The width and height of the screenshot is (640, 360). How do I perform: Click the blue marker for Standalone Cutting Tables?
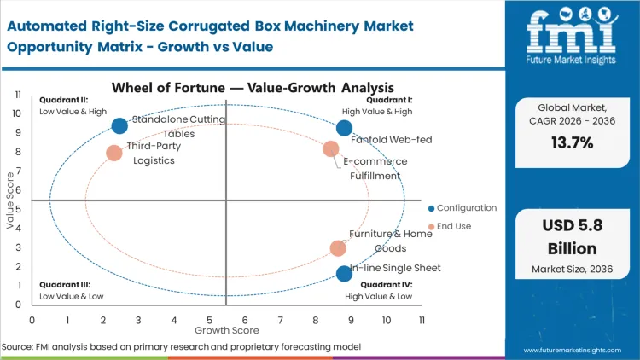[119, 126]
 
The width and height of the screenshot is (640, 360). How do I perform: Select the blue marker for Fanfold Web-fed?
[344, 128]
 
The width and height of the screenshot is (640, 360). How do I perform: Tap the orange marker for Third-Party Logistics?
[114, 154]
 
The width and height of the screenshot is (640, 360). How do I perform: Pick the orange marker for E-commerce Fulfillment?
[331, 149]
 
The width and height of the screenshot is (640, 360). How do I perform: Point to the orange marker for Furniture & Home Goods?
[338, 248]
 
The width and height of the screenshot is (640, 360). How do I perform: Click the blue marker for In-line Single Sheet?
[344, 274]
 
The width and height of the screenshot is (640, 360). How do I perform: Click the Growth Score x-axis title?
[226, 328]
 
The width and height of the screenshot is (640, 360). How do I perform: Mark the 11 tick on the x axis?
[422, 319]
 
